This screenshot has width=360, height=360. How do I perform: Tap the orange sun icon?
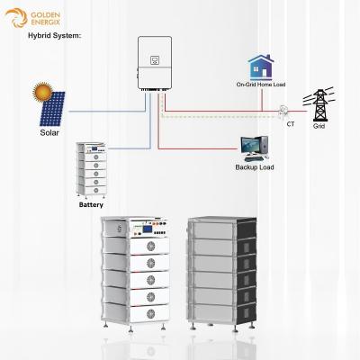point(40,91)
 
